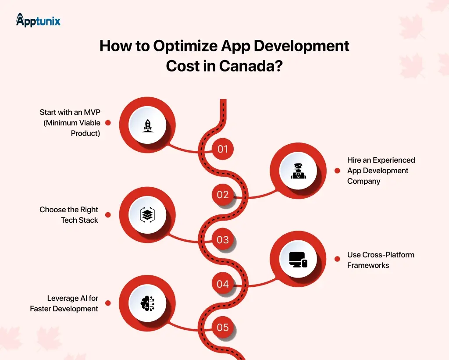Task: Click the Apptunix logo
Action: (x=38, y=20)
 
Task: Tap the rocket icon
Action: (x=147, y=126)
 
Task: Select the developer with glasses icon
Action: (x=298, y=171)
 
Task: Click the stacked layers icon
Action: (x=147, y=214)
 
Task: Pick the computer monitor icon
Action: (x=298, y=260)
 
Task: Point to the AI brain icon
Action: (x=147, y=303)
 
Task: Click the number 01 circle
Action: (x=223, y=149)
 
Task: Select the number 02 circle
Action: (x=223, y=194)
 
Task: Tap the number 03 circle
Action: (x=223, y=239)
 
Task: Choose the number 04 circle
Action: (x=223, y=284)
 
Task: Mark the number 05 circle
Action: (x=223, y=327)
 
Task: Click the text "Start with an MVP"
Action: (x=70, y=113)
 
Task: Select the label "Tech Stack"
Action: (x=79, y=220)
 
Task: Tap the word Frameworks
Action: (x=368, y=265)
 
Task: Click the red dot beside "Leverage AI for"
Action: (x=108, y=303)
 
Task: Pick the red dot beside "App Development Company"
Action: (x=337, y=171)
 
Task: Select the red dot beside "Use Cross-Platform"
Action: (x=337, y=260)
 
